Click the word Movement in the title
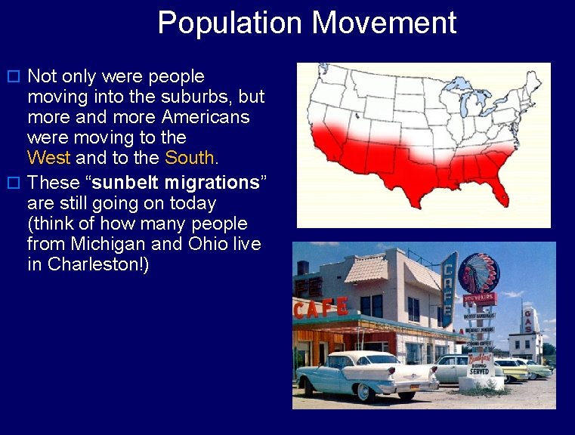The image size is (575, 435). click(384, 23)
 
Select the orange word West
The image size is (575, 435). click(48, 158)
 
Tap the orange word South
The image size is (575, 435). click(190, 158)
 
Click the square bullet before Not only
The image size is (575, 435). click(12, 77)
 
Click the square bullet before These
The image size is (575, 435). click(12, 184)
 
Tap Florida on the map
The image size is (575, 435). click(499, 188)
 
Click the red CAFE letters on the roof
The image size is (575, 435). click(321, 309)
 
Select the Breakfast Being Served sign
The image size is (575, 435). click(480, 362)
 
